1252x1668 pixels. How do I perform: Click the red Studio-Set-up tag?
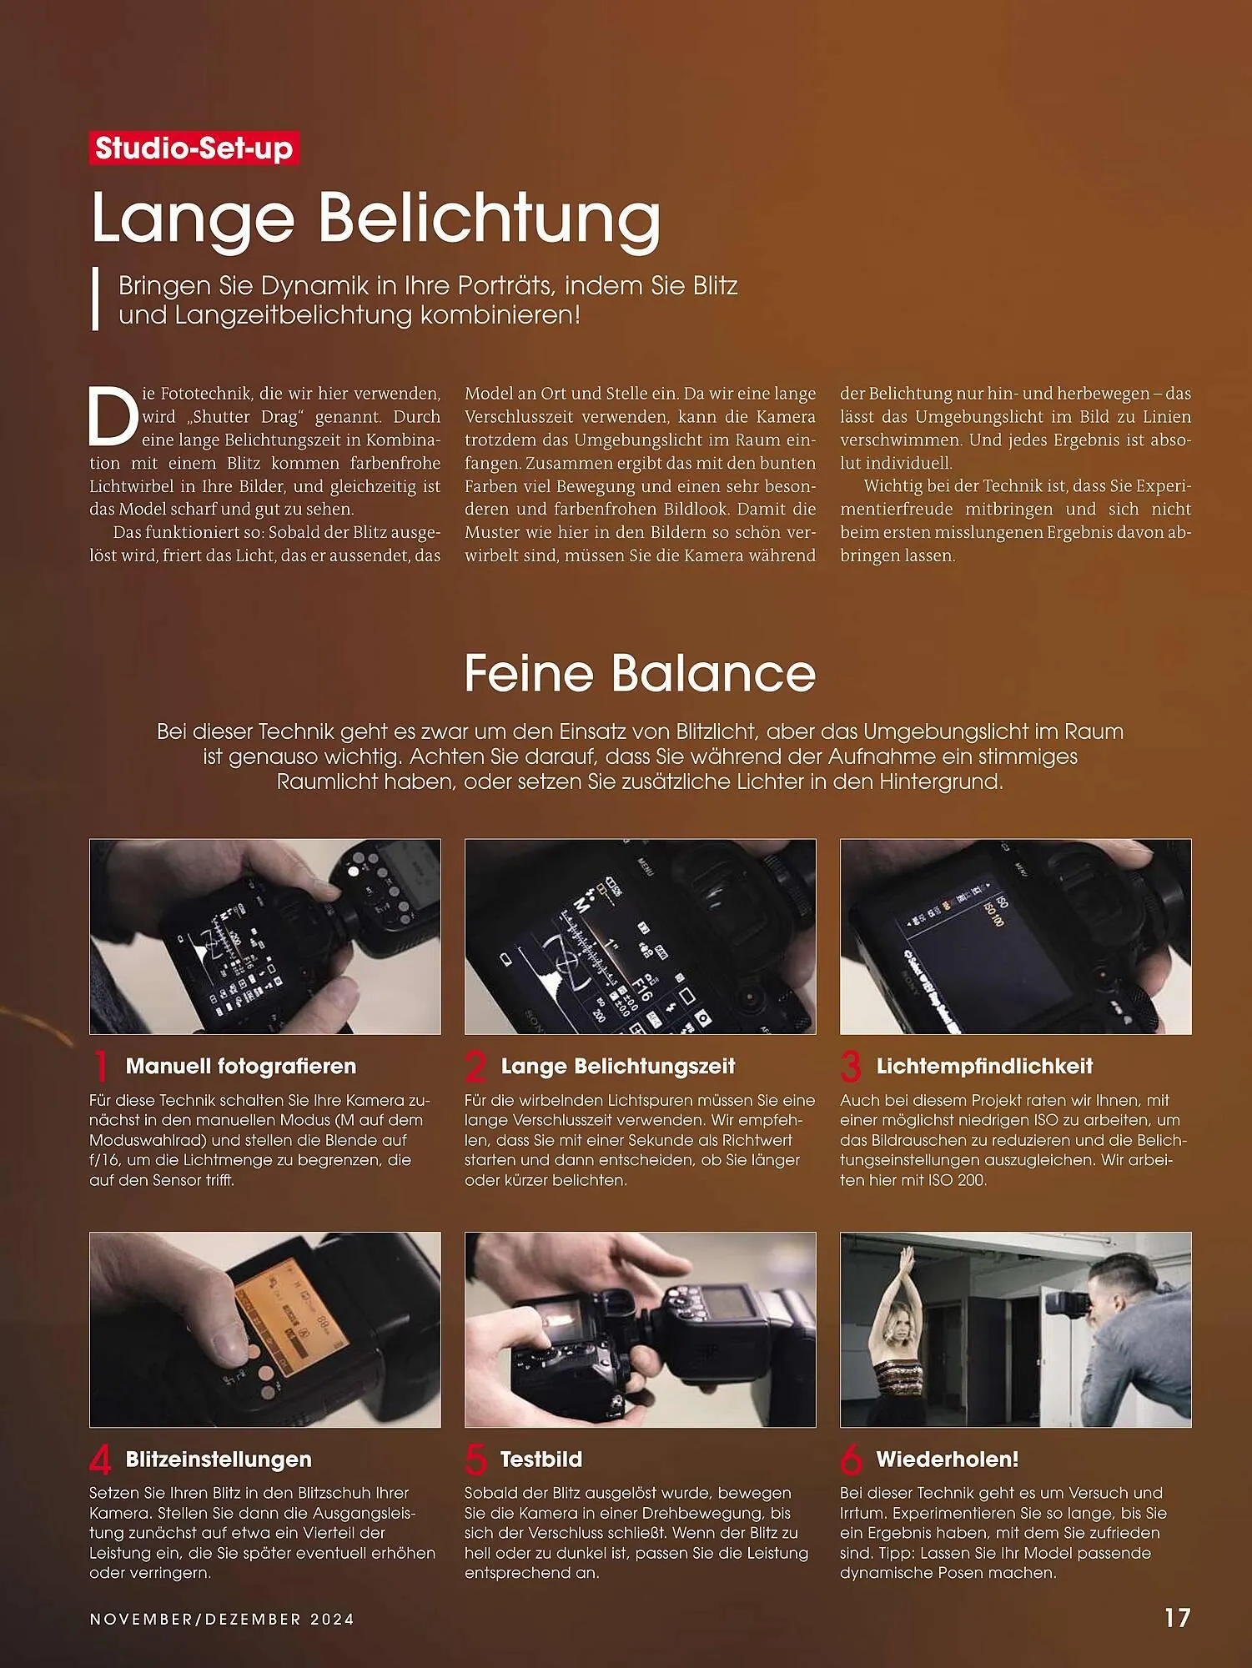pyautogui.click(x=194, y=148)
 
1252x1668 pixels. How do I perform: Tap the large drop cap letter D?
pyautogui.click(x=113, y=415)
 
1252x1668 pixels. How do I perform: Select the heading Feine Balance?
pyautogui.click(x=640, y=673)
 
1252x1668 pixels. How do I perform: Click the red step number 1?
pyautogui.click(x=101, y=1067)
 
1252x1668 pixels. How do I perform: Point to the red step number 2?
pyautogui.click(x=475, y=1067)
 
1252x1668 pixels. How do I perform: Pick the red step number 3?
pyautogui.click(x=851, y=1067)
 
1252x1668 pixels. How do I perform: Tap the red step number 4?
pyautogui.click(x=100, y=1459)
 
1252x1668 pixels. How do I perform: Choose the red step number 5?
pyautogui.click(x=475, y=1459)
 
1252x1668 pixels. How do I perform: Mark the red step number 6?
pyautogui.click(x=851, y=1459)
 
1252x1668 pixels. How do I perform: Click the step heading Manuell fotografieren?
pyautogui.click(x=240, y=1066)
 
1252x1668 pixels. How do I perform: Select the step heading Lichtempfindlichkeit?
pyautogui.click(x=984, y=1066)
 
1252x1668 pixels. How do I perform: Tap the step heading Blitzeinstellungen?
pyautogui.click(x=219, y=1459)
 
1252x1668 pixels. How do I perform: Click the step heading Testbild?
pyautogui.click(x=541, y=1459)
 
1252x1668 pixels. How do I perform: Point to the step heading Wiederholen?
pyautogui.click(x=947, y=1459)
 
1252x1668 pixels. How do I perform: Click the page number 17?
pyautogui.click(x=1177, y=1618)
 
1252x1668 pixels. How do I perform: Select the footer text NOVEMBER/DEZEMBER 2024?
pyautogui.click(x=222, y=1619)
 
